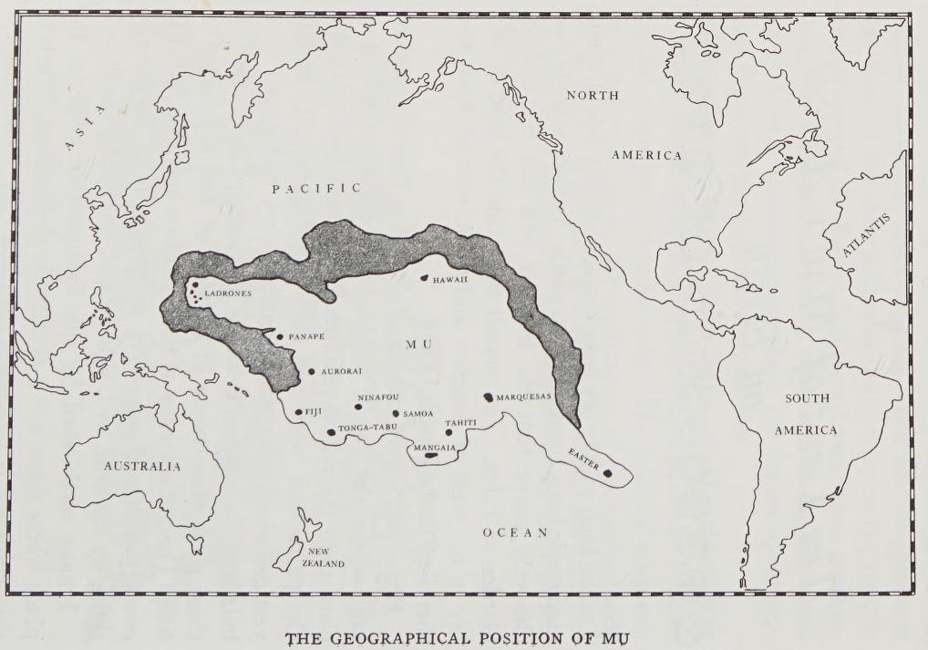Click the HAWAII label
click(x=451, y=280)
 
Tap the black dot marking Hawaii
click(x=425, y=278)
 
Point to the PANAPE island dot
click(x=280, y=336)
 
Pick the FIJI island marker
click(x=298, y=412)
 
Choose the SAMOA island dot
click(x=395, y=413)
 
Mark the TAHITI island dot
click(x=449, y=432)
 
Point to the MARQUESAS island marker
click(x=489, y=397)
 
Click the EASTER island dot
click(x=607, y=471)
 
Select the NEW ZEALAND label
click(x=325, y=558)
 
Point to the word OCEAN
click(x=515, y=532)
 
